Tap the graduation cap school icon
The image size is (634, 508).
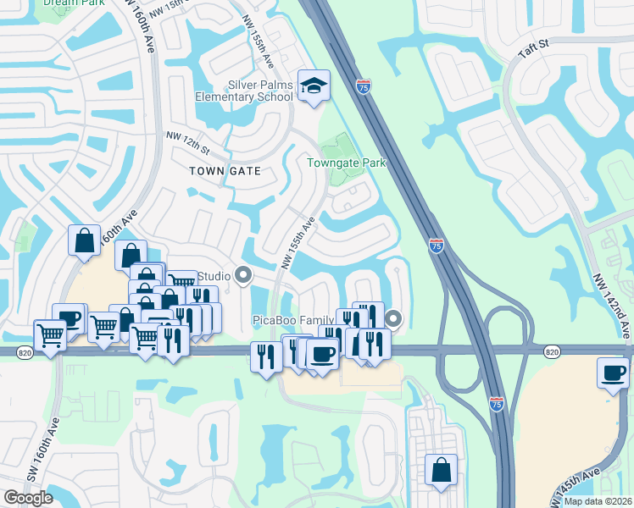tap(314, 86)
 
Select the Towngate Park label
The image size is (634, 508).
tap(346, 163)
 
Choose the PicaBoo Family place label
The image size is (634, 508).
tap(293, 320)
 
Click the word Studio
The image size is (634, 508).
tap(214, 276)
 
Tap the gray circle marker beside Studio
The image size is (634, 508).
tap(244, 275)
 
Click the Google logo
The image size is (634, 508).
tap(28, 497)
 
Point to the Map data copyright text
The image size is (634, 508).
tap(598, 501)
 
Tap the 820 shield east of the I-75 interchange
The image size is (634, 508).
tap(552, 351)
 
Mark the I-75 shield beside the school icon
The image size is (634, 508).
tap(363, 86)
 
